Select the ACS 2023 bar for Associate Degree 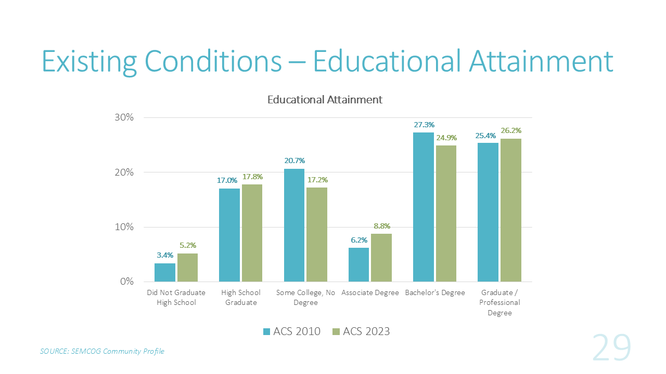[x=381, y=258]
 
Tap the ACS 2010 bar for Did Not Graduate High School [x=165, y=272]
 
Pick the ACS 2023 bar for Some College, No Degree [x=316, y=234]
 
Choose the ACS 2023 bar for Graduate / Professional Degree [x=510, y=210]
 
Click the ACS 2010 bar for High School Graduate [x=229, y=235]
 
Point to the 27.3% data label [x=424, y=125]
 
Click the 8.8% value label [x=381, y=226]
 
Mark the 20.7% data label [x=294, y=161]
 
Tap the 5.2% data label [x=188, y=246]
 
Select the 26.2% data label [x=511, y=131]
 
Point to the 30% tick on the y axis [x=124, y=117]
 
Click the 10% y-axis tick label [x=124, y=227]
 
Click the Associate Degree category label [x=370, y=293]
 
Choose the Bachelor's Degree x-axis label [x=435, y=293]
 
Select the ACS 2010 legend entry [x=292, y=331]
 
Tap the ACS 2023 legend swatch [x=336, y=331]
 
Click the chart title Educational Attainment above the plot [x=325, y=99]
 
